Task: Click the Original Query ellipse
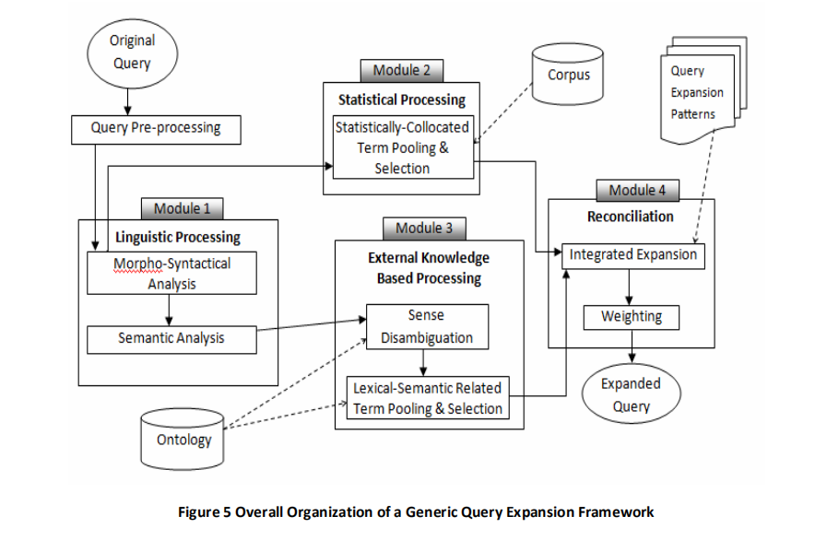point(133,53)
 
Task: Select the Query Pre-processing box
point(156,130)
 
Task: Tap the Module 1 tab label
point(182,209)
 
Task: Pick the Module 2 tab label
point(402,71)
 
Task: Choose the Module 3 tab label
point(424,229)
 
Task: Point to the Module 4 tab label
point(638,191)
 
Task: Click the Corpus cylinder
point(568,74)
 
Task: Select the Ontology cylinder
point(183,439)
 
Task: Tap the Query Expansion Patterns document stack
point(703,90)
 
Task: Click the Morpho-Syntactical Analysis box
point(171,273)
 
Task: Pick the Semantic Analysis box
point(171,340)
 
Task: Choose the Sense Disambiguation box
point(427,326)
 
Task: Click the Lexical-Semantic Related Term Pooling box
point(428,397)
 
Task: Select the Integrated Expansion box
point(632,256)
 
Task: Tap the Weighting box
point(632,318)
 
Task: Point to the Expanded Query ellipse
point(632,393)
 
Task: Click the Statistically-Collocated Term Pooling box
point(404,147)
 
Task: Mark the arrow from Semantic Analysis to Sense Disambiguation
point(312,324)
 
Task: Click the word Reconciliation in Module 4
point(631,217)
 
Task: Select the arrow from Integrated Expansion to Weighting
point(629,288)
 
